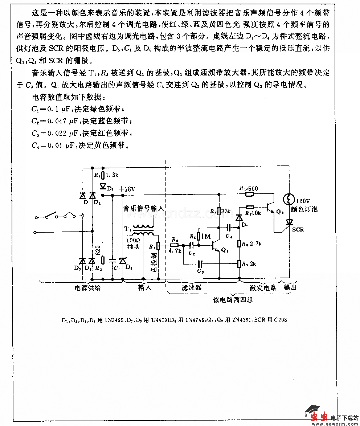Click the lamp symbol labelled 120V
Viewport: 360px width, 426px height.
click(x=289, y=199)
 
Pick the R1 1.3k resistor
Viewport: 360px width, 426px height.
click(x=103, y=176)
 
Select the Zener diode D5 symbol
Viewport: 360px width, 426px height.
click(x=123, y=261)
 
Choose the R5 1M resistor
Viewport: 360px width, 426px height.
click(x=199, y=236)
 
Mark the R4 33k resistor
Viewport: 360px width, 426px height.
click(x=219, y=211)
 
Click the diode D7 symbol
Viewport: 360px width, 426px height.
click(x=239, y=218)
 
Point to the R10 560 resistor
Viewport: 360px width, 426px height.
click(x=249, y=194)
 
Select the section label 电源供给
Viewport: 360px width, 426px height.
click(x=88, y=288)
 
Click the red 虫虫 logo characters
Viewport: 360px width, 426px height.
click(x=317, y=417)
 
